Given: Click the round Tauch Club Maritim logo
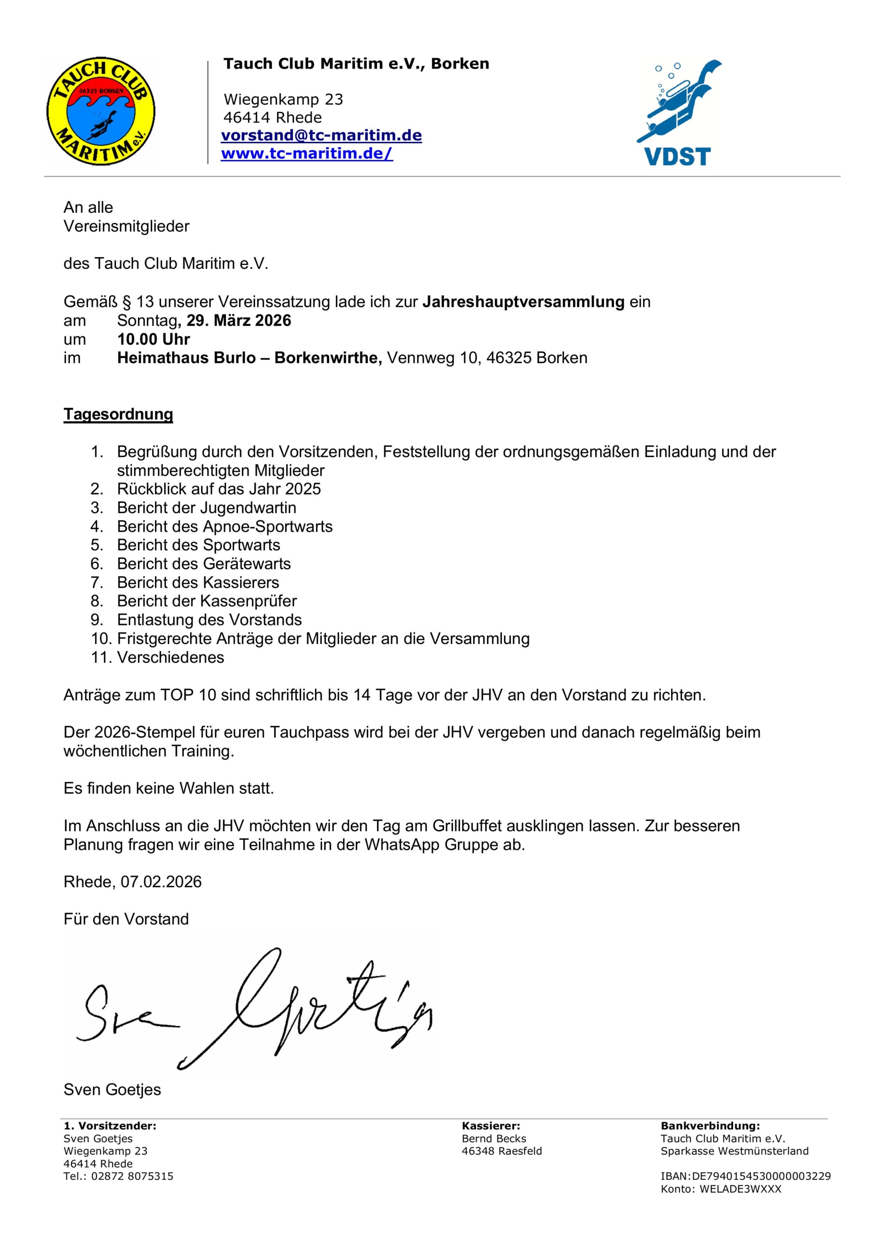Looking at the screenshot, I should click(x=101, y=111).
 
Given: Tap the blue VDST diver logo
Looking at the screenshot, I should click(x=679, y=113).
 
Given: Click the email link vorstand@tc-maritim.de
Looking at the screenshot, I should click(x=321, y=136).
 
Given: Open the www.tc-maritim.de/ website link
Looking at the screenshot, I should click(x=307, y=154).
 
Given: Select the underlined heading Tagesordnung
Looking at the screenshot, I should click(x=118, y=414).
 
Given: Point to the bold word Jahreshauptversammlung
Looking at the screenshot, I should click(x=523, y=302).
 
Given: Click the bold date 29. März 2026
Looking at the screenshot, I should click(x=239, y=321).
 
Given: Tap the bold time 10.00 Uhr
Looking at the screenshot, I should click(x=154, y=339).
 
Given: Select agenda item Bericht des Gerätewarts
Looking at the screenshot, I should click(x=204, y=564).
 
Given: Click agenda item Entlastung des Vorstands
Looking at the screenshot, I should click(x=209, y=620).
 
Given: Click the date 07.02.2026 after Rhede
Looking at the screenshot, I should click(x=161, y=882).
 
